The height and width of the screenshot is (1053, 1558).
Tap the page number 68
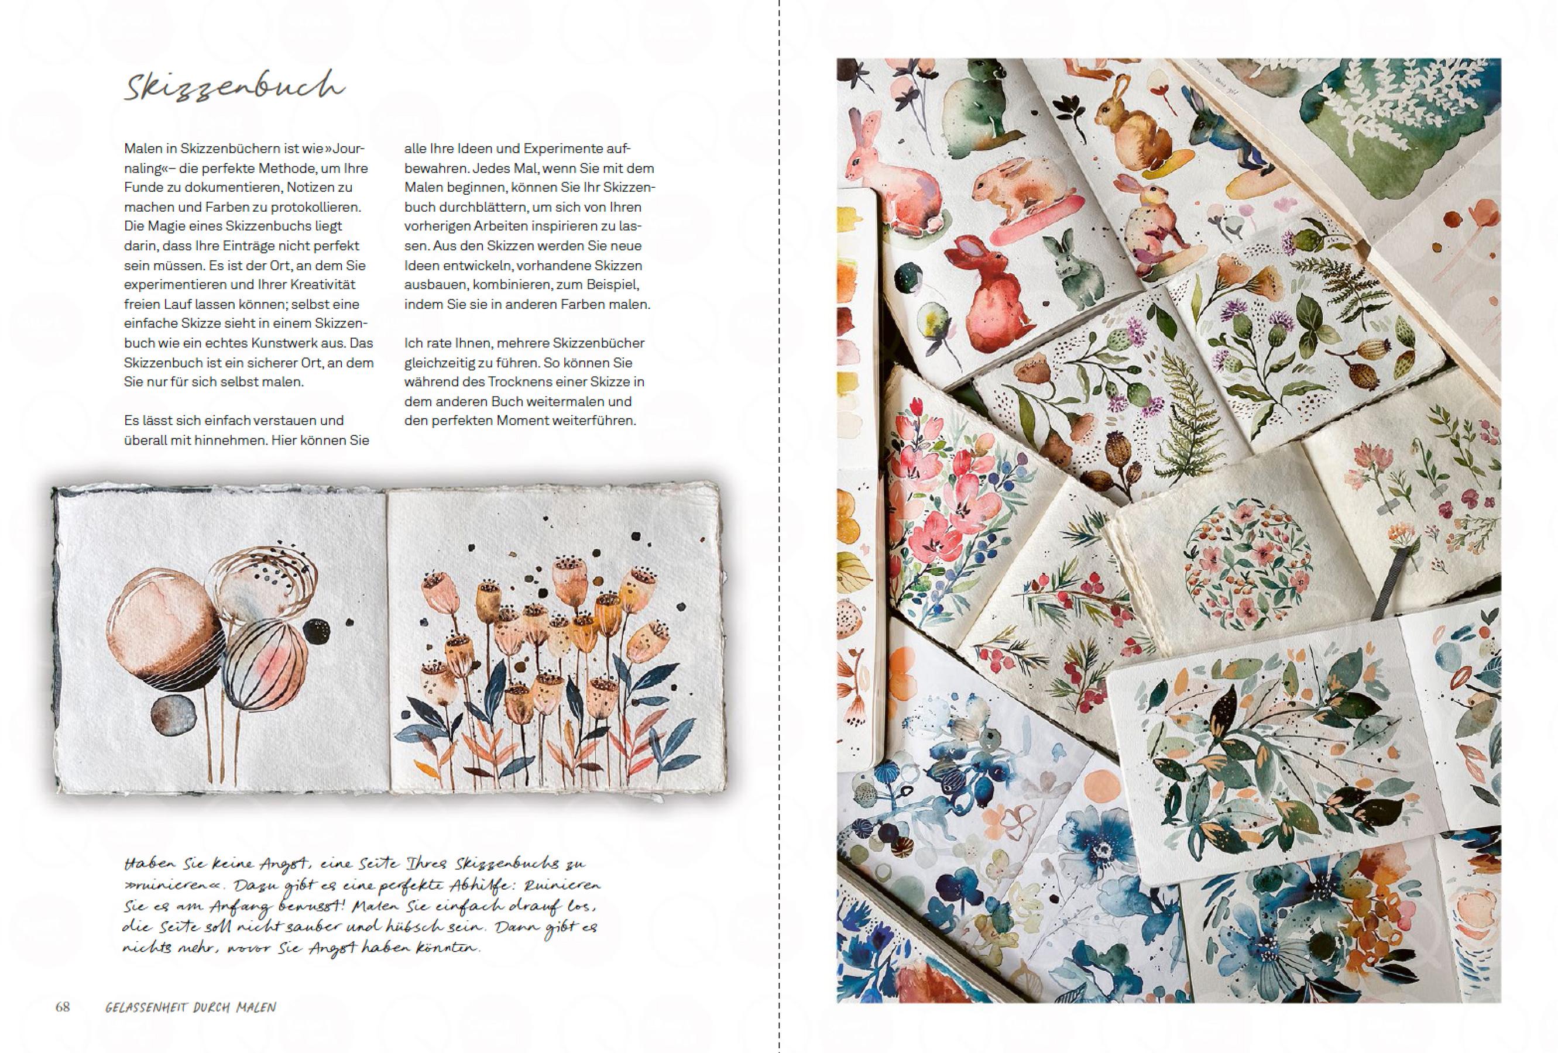(63, 1007)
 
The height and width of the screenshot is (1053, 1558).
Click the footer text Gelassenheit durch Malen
(191, 1007)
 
